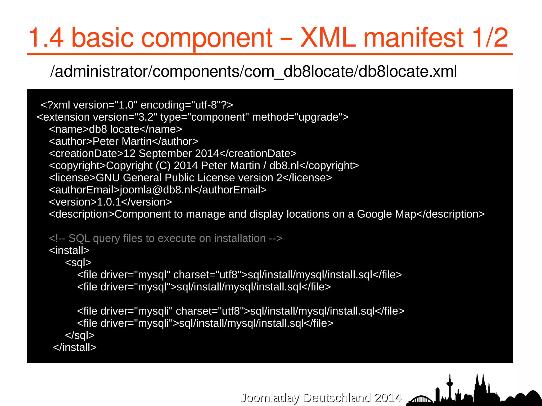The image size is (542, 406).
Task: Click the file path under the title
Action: click(x=253, y=71)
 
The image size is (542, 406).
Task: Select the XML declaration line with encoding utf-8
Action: click(x=137, y=105)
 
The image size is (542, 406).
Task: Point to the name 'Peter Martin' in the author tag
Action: click(x=122, y=141)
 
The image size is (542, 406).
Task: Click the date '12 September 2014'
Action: click(x=171, y=153)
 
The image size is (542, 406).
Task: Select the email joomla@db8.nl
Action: click(x=156, y=190)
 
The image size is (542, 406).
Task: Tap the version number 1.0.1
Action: click(x=109, y=202)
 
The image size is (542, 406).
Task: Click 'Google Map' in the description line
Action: click(x=386, y=214)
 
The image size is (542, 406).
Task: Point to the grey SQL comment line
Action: click(x=165, y=238)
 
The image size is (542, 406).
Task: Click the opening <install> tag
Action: click(x=69, y=250)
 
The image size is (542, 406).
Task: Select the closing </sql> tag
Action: click(x=80, y=335)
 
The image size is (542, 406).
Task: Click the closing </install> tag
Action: click(x=75, y=348)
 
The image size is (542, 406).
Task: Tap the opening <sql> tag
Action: click(x=78, y=263)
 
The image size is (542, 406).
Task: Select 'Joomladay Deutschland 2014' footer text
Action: click(x=321, y=398)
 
